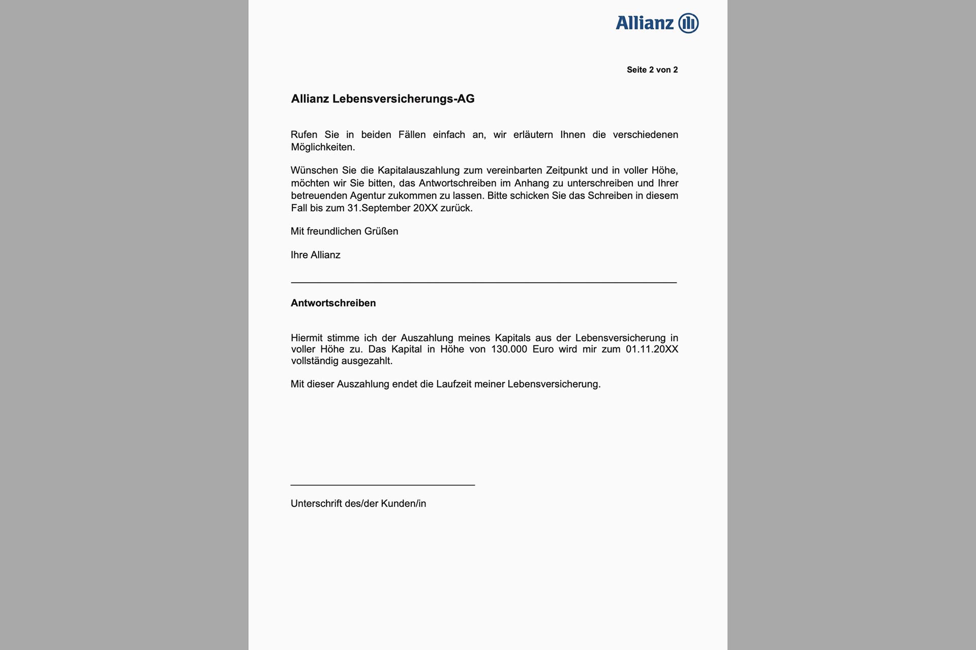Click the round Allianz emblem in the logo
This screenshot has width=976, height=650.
point(688,23)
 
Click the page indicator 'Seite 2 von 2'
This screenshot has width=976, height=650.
point(652,70)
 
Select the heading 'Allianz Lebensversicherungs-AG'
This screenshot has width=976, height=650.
point(382,99)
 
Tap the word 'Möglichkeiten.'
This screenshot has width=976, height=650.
point(323,147)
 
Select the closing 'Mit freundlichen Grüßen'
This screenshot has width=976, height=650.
point(344,232)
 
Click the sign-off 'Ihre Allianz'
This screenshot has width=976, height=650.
point(315,255)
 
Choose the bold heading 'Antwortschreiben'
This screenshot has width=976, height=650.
point(333,303)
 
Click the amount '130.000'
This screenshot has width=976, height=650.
point(509,349)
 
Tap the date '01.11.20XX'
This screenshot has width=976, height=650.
point(652,349)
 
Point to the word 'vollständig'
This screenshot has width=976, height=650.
point(315,361)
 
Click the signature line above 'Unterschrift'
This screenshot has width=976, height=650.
point(382,485)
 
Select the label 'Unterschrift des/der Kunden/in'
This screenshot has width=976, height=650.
point(358,504)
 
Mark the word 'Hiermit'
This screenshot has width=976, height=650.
point(307,338)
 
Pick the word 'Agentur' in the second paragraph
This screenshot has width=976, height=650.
point(367,196)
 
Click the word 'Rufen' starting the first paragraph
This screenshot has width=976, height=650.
point(304,135)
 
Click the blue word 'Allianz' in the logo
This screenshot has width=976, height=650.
point(645,23)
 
